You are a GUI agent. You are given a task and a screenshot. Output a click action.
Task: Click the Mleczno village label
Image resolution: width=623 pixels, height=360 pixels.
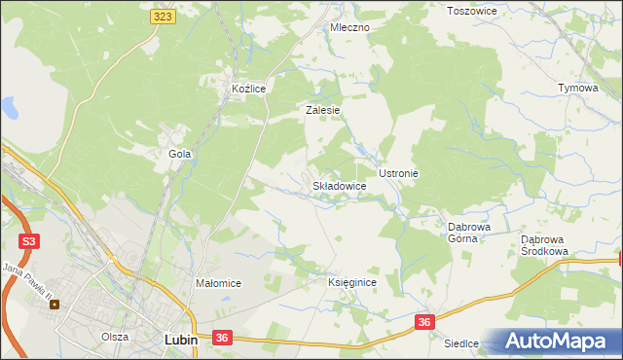click(x=349, y=27)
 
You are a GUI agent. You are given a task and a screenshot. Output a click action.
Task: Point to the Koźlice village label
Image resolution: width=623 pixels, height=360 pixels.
click(x=248, y=89)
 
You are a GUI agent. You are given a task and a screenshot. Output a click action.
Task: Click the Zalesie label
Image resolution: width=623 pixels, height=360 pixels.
click(x=322, y=111)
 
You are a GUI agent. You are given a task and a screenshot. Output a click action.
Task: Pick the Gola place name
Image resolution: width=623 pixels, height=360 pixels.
click(x=179, y=154)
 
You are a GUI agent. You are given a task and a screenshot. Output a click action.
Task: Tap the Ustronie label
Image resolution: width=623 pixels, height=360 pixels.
click(x=398, y=173)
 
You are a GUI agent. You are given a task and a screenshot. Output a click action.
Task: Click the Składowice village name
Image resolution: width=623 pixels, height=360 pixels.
click(x=339, y=185)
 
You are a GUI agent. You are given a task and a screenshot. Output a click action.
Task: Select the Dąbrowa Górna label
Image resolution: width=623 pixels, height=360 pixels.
click(x=468, y=233)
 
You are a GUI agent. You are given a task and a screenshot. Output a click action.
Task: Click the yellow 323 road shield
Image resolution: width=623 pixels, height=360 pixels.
click(x=163, y=17)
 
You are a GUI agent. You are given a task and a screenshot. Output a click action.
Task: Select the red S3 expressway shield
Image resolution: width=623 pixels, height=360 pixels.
click(x=28, y=240)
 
